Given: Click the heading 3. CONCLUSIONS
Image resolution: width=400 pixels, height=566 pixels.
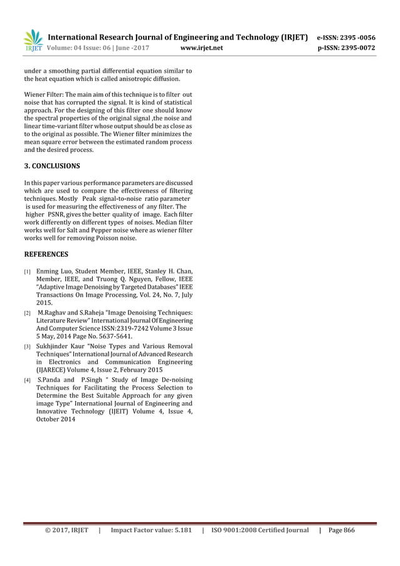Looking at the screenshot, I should [51, 166].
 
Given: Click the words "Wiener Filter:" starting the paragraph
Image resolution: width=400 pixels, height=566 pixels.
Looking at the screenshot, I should [44, 94].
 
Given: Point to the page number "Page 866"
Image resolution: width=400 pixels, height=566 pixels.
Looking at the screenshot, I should [341, 530].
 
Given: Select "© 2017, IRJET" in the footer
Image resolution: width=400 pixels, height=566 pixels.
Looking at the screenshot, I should [66, 530].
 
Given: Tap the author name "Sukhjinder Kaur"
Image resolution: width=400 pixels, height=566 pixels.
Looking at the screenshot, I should [60, 346].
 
